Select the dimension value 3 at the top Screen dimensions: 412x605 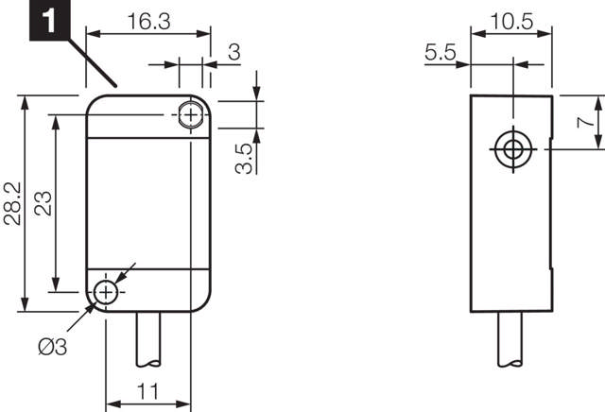233,53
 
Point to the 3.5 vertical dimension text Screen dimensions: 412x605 243,158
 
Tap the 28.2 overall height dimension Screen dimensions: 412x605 12,202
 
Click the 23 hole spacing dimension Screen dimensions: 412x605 43,202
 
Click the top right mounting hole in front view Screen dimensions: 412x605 192,115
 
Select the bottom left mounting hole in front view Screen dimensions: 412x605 106,293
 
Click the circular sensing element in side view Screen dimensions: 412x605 512,149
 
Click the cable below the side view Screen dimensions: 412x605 512,340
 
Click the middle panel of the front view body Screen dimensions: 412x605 148,202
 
